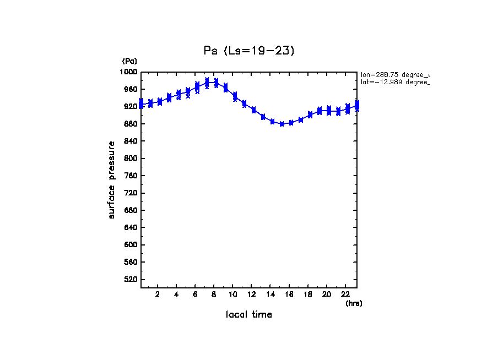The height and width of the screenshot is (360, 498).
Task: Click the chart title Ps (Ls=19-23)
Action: pos(250,51)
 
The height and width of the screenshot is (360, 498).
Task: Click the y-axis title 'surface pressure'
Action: pos(112,179)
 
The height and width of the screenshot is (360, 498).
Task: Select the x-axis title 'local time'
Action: pos(248,315)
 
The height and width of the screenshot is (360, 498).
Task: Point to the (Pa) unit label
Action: pos(129,61)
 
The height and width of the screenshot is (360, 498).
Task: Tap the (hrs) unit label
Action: pos(354,303)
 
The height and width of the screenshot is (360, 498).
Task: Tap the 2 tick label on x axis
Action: pos(158,294)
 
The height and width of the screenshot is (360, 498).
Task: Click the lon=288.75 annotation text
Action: pos(394,74)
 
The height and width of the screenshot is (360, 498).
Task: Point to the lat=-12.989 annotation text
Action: pos(394,82)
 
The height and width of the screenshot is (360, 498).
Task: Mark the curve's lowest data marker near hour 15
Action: pos(282,124)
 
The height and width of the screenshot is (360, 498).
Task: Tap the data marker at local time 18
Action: pos(310,114)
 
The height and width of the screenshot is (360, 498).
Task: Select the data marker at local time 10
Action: pos(235,96)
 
